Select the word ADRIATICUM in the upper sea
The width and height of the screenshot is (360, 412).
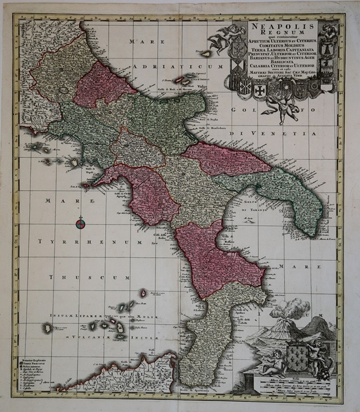click(x=169, y=67)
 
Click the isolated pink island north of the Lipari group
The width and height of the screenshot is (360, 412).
click(x=143, y=294)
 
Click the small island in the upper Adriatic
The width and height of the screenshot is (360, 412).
click(x=205, y=53)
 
